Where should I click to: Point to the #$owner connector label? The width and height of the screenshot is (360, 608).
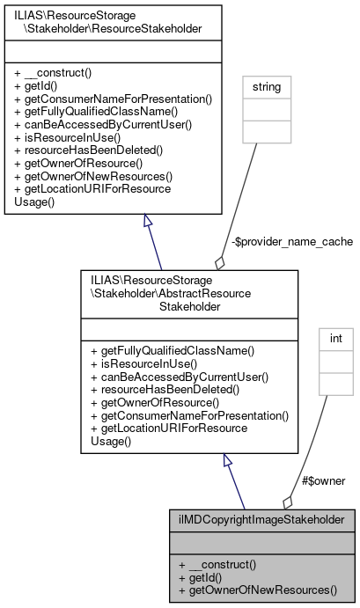[323, 480]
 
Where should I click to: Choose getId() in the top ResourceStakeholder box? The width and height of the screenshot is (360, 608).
[40, 88]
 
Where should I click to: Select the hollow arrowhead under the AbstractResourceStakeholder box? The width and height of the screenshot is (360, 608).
[228, 461]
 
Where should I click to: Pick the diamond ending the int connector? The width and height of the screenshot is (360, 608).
[288, 502]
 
